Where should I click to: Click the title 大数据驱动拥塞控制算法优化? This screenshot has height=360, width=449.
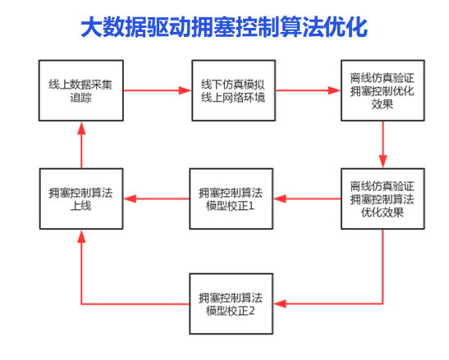tap(224, 27)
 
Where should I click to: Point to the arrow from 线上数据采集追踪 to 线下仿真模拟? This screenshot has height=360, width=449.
tap(158, 90)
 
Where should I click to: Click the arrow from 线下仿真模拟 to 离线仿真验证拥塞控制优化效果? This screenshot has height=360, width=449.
tap(308, 90)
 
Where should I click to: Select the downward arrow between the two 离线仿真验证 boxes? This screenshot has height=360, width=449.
tap(383, 144)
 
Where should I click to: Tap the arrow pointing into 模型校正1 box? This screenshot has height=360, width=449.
tap(307, 199)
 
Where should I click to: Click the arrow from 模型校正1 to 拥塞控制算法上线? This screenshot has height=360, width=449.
tap(156, 199)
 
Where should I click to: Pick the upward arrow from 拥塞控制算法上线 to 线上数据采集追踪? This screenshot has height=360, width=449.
tap(81, 145)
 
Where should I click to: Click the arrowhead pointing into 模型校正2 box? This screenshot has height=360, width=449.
tap(279, 304)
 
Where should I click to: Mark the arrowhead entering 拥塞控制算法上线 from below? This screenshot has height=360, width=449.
tap(81, 236)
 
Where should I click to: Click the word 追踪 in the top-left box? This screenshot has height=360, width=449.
tap(80, 98)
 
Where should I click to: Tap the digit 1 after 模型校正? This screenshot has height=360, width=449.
tap(251, 206)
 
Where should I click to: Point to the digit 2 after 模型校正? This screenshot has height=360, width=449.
tap(251, 311)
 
